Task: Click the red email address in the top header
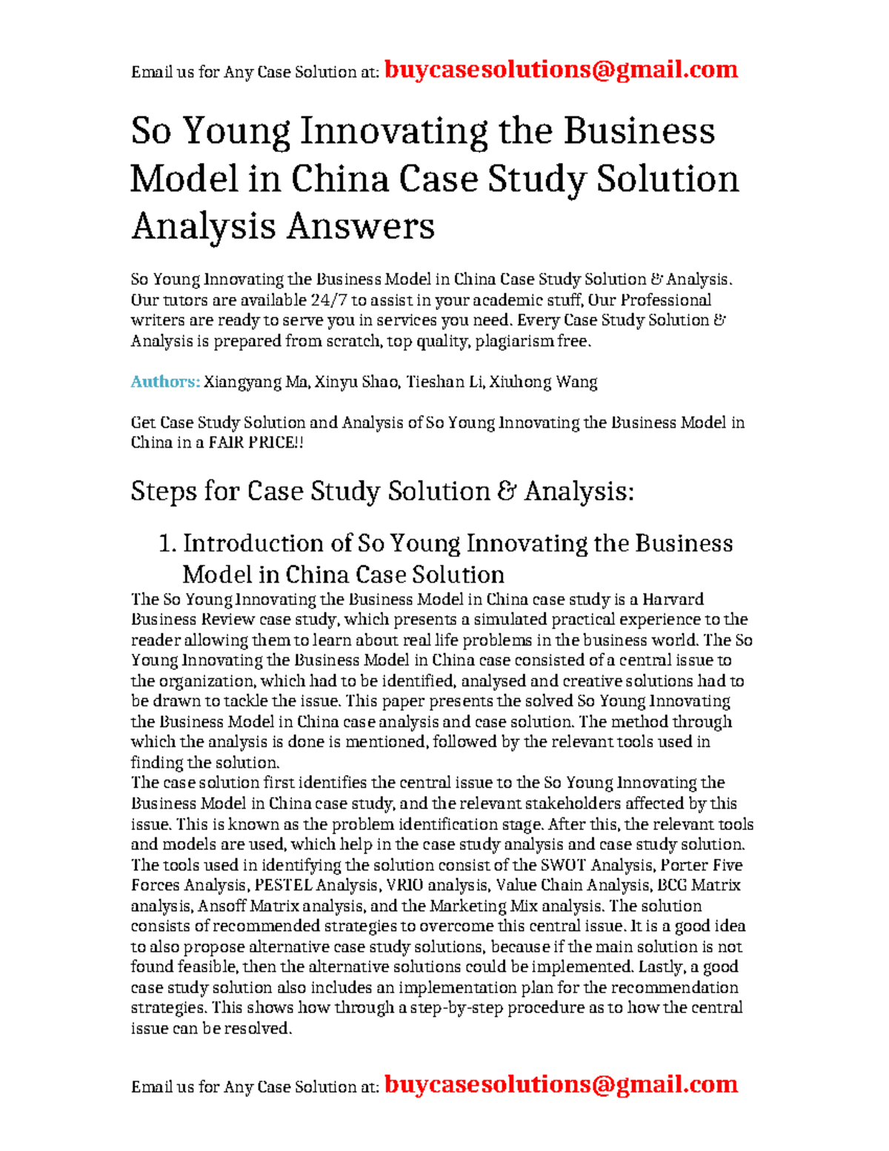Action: tap(561, 70)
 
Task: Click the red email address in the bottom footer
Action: tap(561, 1084)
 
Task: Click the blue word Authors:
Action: tap(165, 382)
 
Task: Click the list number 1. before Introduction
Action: tap(167, 544)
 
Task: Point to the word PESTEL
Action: tap(284, 885)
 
